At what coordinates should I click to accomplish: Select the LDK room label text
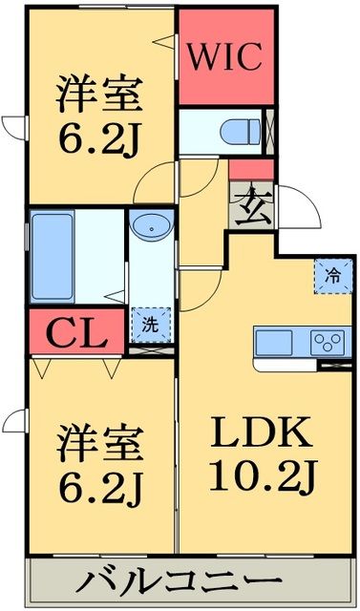(x=262, y=435)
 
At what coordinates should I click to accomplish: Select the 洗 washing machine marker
(x=150, y=323)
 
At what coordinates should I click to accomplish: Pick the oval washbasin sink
(x=150, y=228)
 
